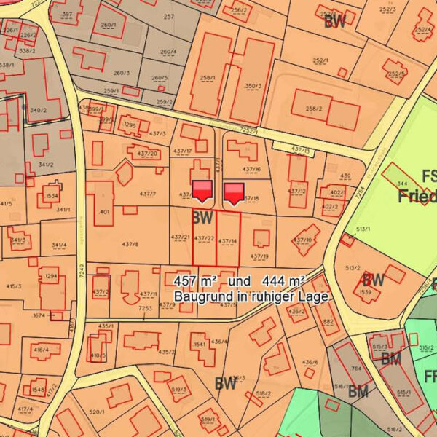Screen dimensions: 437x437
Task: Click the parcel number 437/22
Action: [205, 238]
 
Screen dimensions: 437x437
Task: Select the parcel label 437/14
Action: [228, 240]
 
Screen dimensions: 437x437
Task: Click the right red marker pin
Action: [234, 193]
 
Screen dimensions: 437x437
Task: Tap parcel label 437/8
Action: [130, 244]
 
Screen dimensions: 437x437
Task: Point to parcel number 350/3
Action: [253, 87]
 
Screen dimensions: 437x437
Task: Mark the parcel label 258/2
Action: [314, 109]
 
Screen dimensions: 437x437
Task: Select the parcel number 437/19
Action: [260, 256]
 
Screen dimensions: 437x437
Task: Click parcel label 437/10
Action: [304, 240]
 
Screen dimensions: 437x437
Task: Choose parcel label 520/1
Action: [98, 412]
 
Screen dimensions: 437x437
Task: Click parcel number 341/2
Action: [46, 165]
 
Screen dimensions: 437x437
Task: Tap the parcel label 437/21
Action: [180, 237]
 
